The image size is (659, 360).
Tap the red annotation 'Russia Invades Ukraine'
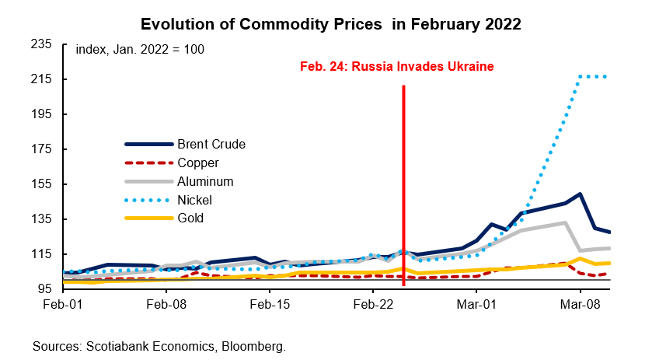point(397,66)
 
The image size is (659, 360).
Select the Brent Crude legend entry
point(211,144)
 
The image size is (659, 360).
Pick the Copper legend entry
point(197,163)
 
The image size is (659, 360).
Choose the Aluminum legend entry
point(205,181)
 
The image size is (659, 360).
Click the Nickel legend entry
point(194,200)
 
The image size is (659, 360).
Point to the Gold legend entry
point(190,218)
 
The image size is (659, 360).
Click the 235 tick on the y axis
point(40,44)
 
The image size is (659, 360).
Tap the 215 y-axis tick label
point(40,79)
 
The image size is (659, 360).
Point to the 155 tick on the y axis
point(40,184)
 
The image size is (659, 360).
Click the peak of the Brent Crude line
point(580,194)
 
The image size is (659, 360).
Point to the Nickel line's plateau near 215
point(594,76)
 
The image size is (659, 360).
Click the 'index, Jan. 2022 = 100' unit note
point(140,50)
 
